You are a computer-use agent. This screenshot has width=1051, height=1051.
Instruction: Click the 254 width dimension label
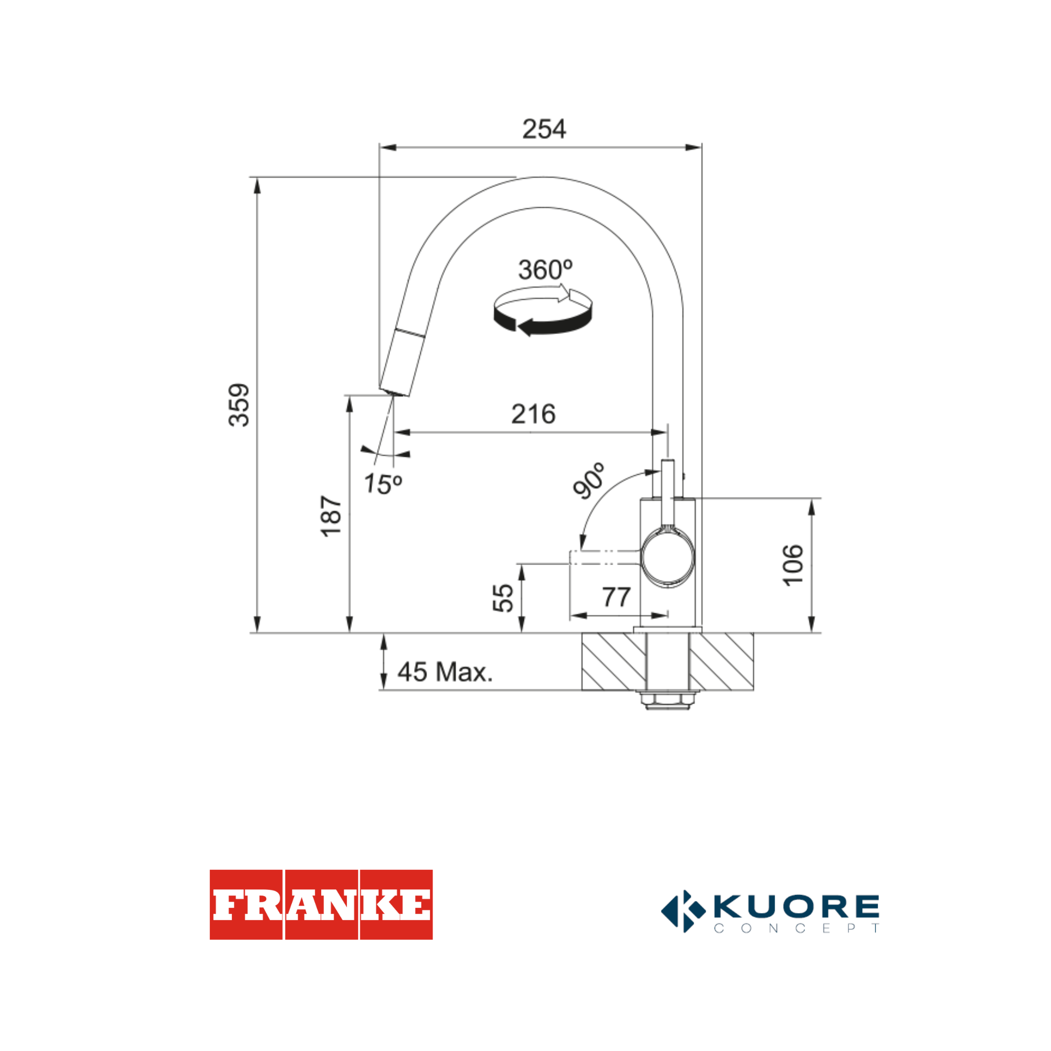tap(543, 129)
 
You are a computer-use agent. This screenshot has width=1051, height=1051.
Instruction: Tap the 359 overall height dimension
tap(239, 405)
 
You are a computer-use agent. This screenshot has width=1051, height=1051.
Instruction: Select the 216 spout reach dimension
tap(533, 414)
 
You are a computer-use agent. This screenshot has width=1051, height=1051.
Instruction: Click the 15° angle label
tap(382, 483)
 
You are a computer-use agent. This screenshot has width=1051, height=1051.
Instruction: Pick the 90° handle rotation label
tap(589, 480)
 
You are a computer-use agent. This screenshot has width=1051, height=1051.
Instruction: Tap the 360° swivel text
tap(545, 270)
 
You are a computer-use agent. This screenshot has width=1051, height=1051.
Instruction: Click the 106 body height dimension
tap(792, 565)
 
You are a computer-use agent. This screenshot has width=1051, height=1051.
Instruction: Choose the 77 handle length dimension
tap(616, 597)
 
